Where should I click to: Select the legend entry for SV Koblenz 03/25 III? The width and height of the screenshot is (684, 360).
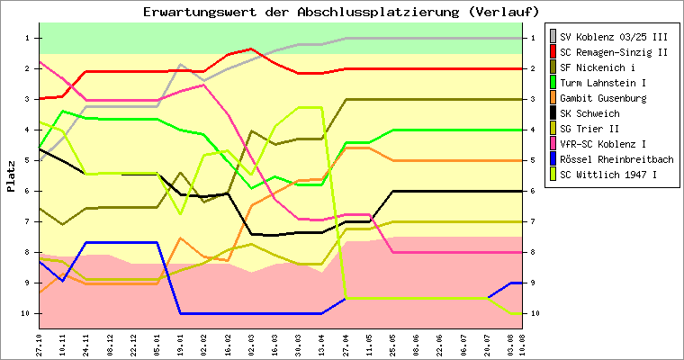[x=613, y=37]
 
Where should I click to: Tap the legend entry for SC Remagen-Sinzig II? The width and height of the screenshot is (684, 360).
[x=613, y=52]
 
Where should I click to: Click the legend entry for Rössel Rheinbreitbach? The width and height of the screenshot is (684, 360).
[x=616, y=159]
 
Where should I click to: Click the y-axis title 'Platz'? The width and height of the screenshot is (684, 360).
[x=12, y=175]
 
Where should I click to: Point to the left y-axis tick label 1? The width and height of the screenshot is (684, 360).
[x=29, y=38]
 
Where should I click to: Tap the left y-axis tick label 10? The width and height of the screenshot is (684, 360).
[x=27, y=313]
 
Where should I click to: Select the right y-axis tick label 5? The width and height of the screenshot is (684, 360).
[x=535, y=160]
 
